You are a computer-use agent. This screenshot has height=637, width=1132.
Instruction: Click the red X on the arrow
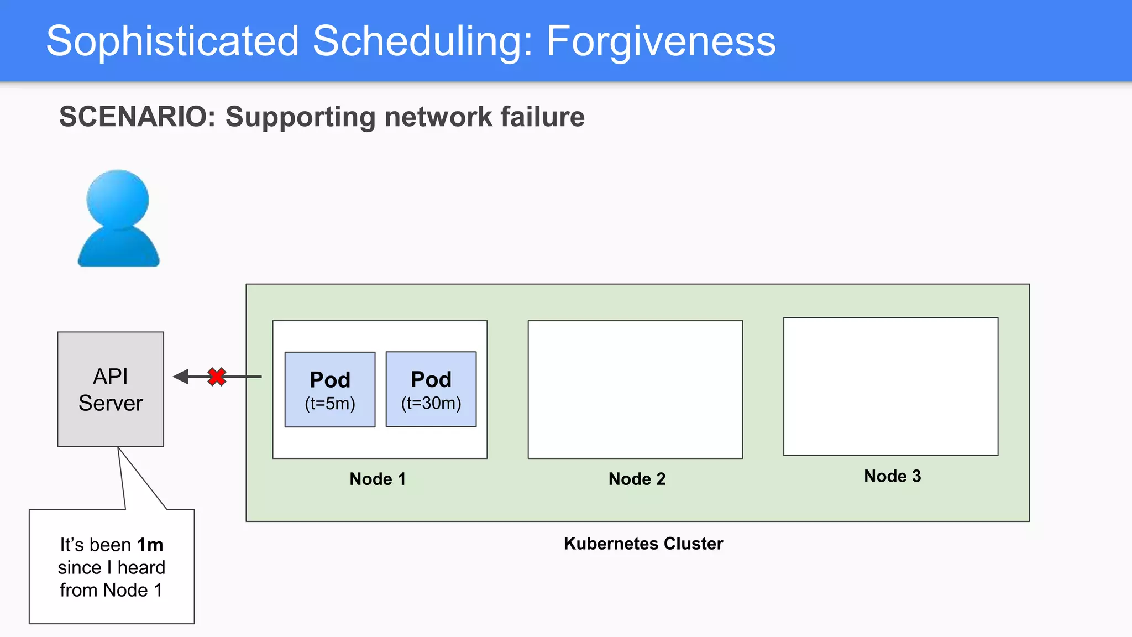pyautogui.click(x=217, y=377)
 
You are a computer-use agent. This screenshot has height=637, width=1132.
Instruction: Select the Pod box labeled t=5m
pyautogui.click(x=330, y=389)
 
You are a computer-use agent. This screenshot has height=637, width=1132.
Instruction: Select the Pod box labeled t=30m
pyautogui.click(x=431, y=389)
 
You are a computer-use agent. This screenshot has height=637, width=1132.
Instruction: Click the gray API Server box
pyautogui.click(x=111, y=389)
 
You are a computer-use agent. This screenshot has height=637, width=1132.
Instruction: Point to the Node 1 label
pyautogui.click(x=378, y=479)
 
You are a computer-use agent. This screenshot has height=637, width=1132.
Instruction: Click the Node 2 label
pyautogui.click(x=637, y=479)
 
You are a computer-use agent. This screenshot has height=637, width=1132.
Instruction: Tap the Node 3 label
pyautogui.click(x=892, y=476)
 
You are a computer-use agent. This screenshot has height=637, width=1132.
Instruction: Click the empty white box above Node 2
pyautogui.click(x=635, y=389)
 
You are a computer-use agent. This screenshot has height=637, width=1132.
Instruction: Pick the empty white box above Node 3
pyautogui.click(x=890, y=387)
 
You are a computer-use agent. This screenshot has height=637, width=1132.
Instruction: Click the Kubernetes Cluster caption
pyautogui.click(x=643, y=544)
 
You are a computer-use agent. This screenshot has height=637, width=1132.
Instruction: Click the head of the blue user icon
pyautogui.click(x=118, y=198)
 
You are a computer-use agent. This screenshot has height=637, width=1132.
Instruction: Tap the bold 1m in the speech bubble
pyautogui.click(x=150, y=545)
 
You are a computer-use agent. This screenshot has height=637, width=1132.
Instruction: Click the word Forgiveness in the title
pyautogui.click(x=661, y=41)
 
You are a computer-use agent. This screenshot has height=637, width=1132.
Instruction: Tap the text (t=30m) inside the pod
pyautogui.click(x=431, y=403)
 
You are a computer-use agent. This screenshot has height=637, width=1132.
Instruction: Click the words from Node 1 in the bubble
pyautogui.click(x=111, y=591)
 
